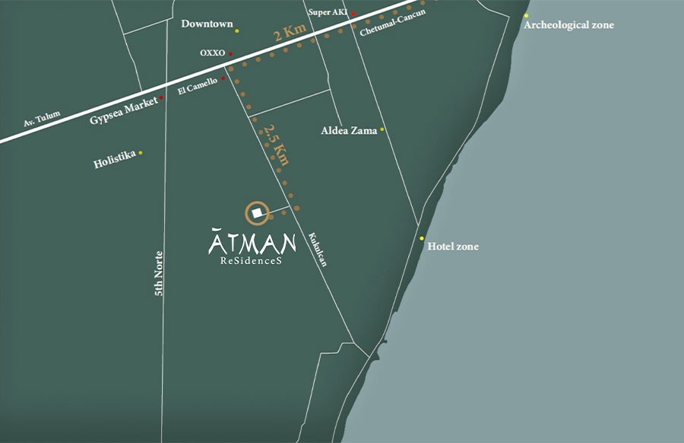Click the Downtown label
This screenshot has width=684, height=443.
(207, 24)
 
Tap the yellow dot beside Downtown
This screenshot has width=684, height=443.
(237, 30)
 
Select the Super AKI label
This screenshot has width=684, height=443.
(328, 12)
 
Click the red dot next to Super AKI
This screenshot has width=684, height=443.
(353, 14)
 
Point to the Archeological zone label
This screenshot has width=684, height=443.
(569, 25)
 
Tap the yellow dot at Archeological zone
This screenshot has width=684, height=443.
(526, 15)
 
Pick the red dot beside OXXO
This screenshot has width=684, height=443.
(230, 54)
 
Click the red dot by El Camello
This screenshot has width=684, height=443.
(223, 78)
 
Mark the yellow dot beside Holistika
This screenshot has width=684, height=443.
(141, 153)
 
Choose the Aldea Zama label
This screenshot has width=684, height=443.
(349, 131)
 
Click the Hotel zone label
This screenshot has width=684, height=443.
(453, 247)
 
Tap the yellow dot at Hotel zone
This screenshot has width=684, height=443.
(422, 238)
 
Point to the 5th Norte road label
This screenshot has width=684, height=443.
(160, 274)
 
